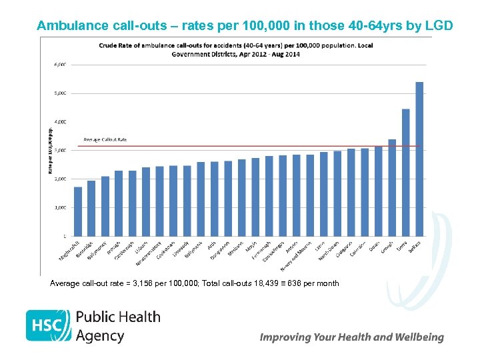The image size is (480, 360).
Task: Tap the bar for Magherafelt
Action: pos(78,211)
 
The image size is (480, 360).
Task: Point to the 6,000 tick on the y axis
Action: pos(59,65)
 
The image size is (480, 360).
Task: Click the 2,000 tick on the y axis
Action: pos(59,179)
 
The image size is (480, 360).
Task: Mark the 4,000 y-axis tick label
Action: pos(59,122)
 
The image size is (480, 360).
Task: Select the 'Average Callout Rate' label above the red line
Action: pos(105,139)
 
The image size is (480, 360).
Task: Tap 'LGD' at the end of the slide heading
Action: pos(437,26)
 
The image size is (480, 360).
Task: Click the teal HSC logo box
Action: pos(47,325)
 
